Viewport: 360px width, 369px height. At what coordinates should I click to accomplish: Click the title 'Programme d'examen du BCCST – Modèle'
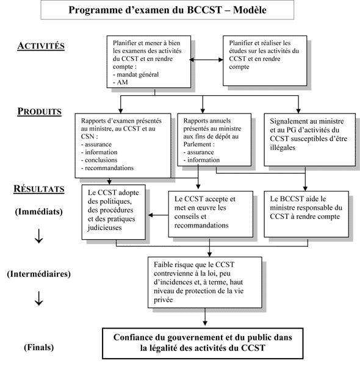tap(180, 11)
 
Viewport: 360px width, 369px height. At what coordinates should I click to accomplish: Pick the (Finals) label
tap(38, 347)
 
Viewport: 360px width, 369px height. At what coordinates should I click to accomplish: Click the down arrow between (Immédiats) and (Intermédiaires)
tap(39, 238)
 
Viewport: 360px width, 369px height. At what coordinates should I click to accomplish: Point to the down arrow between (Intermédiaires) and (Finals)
tap(39, 299)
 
